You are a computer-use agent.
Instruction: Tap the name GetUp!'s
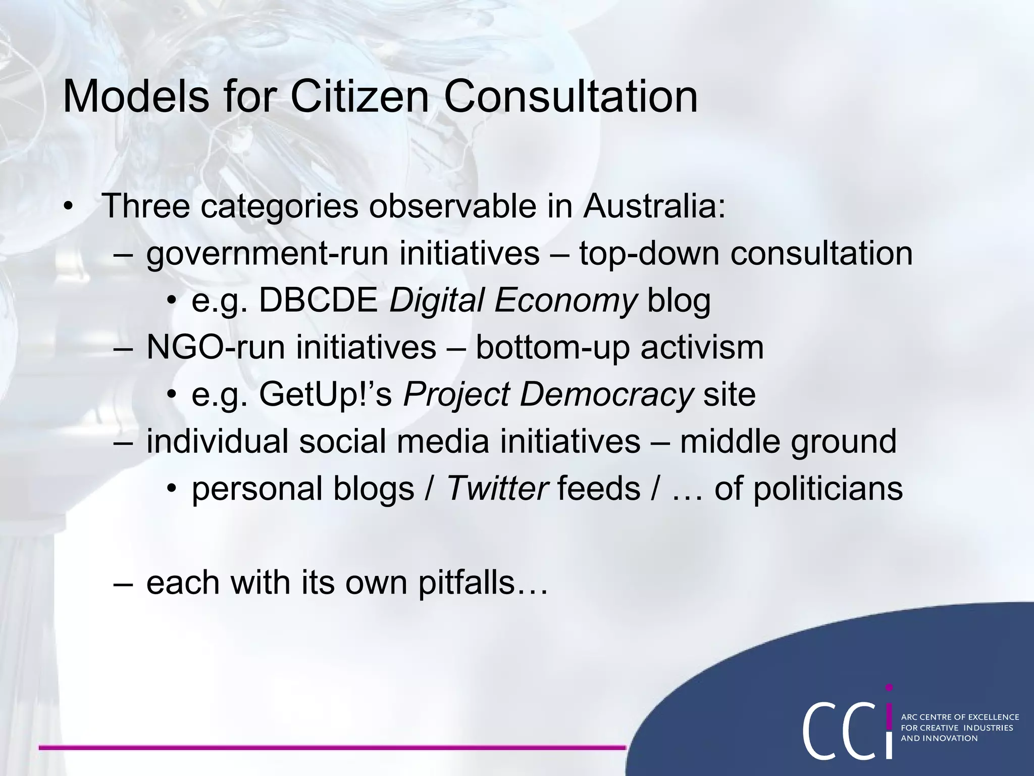point(326,394)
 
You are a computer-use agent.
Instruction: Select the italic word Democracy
point(606,395)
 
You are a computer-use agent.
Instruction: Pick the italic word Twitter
point(497,489)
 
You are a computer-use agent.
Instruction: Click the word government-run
point(267,254)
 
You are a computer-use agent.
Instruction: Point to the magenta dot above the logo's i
point(889,688)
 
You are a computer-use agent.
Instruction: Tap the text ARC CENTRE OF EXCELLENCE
point(960,717)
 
